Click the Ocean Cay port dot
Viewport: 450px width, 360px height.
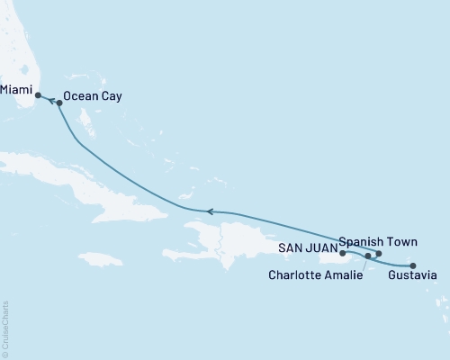[59, 103]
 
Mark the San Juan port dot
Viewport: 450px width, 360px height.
[343, 254]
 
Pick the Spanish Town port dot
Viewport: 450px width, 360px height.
[379, 254]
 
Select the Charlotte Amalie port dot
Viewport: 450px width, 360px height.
[368, 256]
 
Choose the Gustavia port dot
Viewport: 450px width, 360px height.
[413, 265]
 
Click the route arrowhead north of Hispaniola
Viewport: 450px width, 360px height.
[210, 211]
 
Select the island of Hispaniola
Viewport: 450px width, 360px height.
[243, 238]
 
